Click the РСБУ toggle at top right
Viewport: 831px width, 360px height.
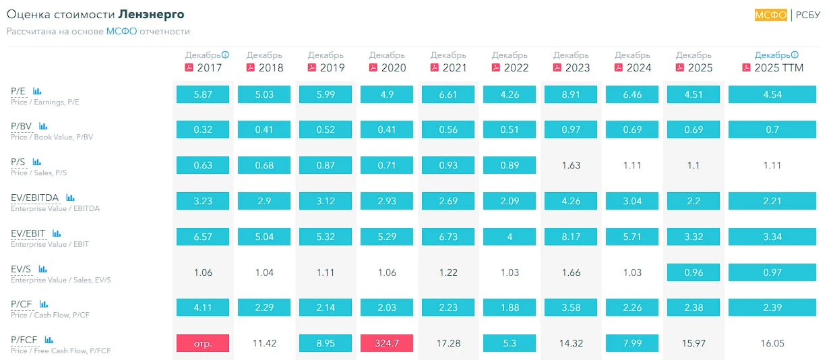click(x=808, y=15)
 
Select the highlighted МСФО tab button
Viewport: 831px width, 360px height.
click(x=770, y=15)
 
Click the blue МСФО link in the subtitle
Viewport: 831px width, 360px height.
click(x=121, y=31)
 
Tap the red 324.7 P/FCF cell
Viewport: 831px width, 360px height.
click(x=387, y=343)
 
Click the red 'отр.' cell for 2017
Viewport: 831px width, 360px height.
click(x=203, y=343)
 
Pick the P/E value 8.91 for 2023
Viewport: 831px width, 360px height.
click(x=571, y=94)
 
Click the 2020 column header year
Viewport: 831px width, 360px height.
click(x=393, y=68)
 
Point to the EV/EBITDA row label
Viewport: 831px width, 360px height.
click(x=34, y=198)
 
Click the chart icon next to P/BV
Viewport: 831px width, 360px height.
click(x=43, y=126)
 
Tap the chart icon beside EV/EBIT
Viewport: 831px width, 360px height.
click(x=57, y=233)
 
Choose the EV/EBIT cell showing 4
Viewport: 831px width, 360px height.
click(x=510, y=237)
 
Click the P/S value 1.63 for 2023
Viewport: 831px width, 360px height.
click(x=571, y=165)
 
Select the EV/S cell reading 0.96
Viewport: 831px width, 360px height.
click(x=694, y=272)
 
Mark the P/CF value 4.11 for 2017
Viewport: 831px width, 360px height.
click(x=203, y=307)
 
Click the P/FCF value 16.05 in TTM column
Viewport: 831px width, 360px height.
click(x=772, y=343)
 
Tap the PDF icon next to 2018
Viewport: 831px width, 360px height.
click(x=251, y=67)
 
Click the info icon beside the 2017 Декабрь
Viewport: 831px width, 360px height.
click(x=225, y=55)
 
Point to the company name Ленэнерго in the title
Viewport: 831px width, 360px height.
click(x=151, y=14)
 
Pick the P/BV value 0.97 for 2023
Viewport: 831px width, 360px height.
click(x=571, y=129)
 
